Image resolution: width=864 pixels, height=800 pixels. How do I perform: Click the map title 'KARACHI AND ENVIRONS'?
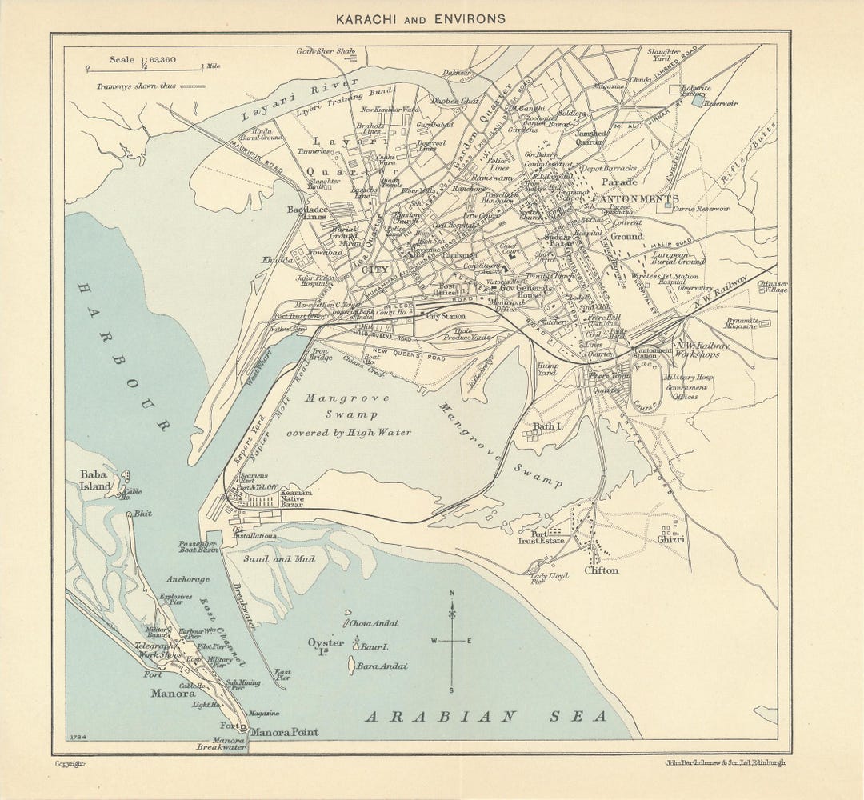(420, 18)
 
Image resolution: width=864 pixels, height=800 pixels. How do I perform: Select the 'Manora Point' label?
(284, 732)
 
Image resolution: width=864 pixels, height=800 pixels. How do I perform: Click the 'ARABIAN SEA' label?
(486, 717)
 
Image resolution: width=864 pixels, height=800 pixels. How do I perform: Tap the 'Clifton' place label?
(601, 570)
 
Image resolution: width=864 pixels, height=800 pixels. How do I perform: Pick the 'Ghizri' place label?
(671, 539)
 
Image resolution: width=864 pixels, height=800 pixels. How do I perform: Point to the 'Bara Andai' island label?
(382, 666)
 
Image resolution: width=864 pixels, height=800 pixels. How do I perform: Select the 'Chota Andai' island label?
(373, 623)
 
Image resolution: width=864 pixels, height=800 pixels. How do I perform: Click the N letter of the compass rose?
(452, 593)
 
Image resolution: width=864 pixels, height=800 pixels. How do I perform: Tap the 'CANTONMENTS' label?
(635, 198)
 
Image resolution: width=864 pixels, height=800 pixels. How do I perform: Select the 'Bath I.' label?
(548, 427)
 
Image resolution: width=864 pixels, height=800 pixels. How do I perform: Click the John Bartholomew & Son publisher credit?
(726, 762)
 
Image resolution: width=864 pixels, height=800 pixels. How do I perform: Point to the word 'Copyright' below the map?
(70, 763)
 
